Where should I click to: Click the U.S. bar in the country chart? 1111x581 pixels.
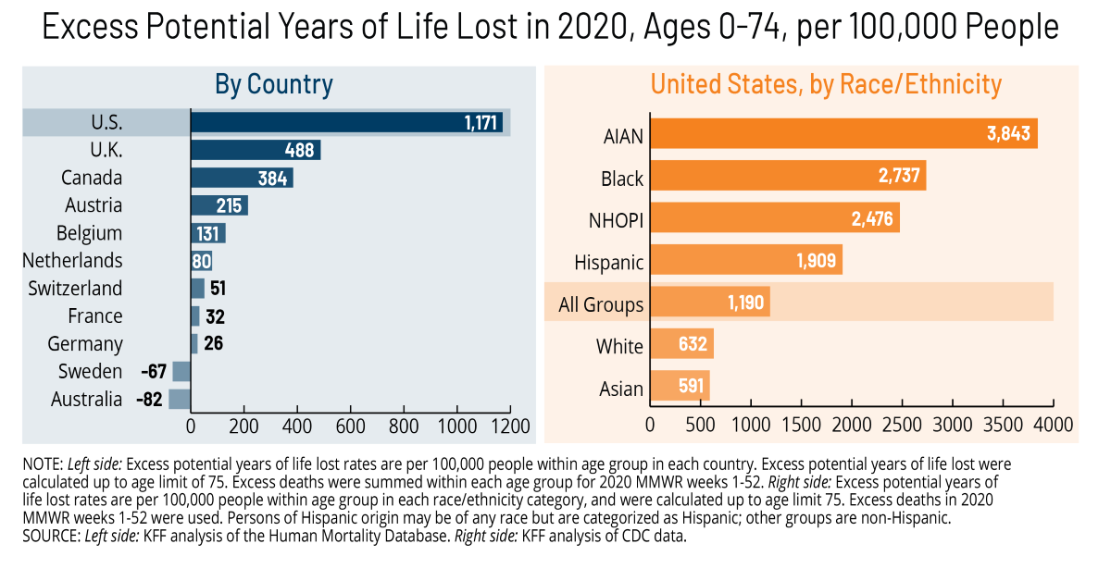pos(346,122)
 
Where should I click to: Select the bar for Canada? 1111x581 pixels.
pos(242,178)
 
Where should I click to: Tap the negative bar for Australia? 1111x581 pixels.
pos(180,399)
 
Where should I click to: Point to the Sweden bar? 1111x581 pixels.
pos(181,371)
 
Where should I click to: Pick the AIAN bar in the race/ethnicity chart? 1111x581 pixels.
pos(843,133)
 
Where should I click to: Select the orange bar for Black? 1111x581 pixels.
pos(787,176)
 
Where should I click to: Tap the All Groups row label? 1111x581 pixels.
pos(601,303)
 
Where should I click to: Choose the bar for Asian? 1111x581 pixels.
pos(680,387)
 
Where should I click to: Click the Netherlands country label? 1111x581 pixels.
pos(72,261)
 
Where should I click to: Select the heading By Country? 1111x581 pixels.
pos(274,84)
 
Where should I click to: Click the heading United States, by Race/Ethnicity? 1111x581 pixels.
pos(825,84)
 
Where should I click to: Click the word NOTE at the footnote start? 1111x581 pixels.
pos(42,463)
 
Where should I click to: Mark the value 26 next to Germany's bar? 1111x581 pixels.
pos(213,344)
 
